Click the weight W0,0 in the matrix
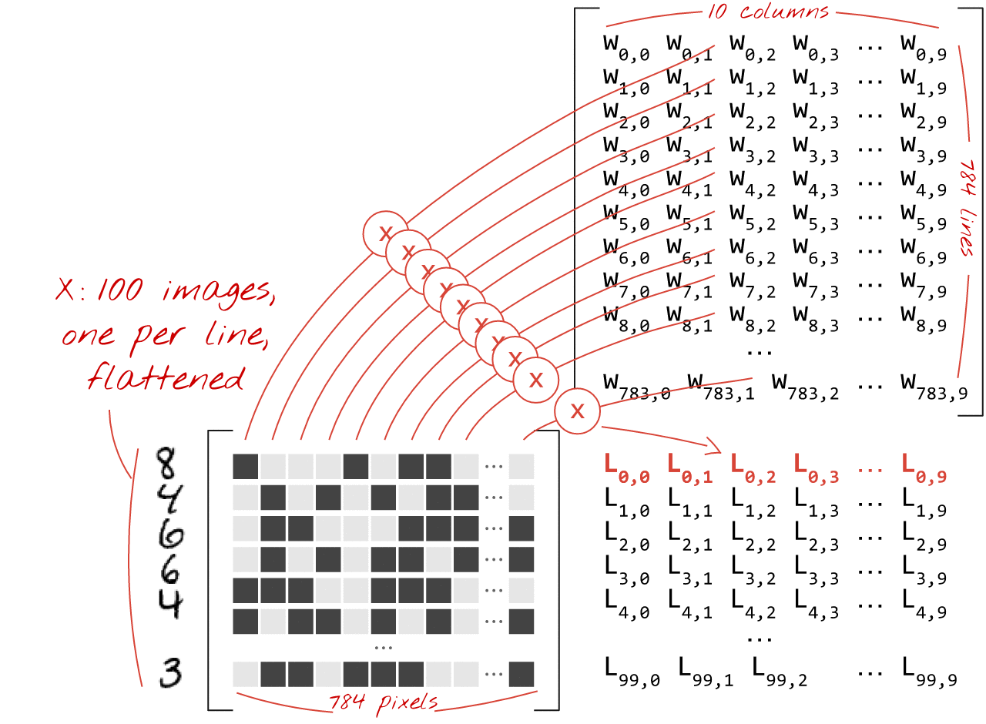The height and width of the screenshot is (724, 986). tap(626, 48)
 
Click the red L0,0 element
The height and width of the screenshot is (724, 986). tap(626, 468)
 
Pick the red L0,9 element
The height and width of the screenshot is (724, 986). tap(924, 468)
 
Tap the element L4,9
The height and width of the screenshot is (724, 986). tap(924, 604)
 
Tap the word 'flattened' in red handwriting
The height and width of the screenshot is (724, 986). tap(166, 378)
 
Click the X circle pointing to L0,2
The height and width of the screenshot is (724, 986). tap(576, 411)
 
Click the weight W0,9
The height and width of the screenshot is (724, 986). tap(924, 48)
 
